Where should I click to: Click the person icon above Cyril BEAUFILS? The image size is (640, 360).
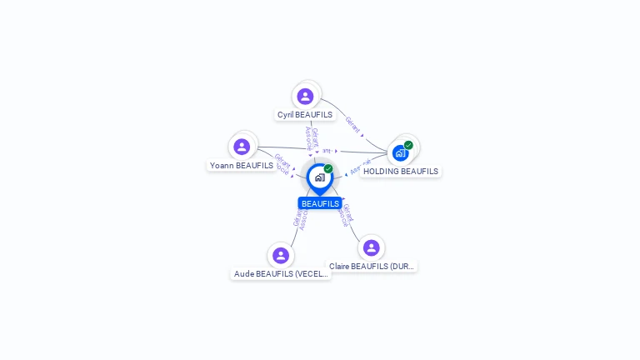(x=306, y=96)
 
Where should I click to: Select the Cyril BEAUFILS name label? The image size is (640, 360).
(x=305, y=115)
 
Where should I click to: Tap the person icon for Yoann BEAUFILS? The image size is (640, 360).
(x=242, y=147)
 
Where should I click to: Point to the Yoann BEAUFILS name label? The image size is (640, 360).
(x=242, y=166)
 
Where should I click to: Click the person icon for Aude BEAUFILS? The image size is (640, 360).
(x=281, y=255)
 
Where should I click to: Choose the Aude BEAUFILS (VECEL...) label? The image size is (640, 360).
(x=281, y=273)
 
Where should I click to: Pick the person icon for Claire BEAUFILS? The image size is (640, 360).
(x=371, y=247)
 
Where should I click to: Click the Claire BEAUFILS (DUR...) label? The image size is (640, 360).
(x=372, y=267)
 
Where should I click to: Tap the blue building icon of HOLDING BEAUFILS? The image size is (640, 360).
(x=400, y=153)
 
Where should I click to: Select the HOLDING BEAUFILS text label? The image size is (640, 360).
(x=401, y=172)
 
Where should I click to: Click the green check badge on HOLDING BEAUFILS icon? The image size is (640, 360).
(x=408, y=145)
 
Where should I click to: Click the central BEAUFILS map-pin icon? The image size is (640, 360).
(x=319, y=177)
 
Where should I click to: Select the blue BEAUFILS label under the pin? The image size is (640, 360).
(x=320, y=203)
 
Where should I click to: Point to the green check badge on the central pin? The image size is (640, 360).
(x=328, y=169)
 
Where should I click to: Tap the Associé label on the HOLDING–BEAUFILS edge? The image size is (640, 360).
(x=360, y=167)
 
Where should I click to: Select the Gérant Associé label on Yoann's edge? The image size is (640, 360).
(x=282, y=163)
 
